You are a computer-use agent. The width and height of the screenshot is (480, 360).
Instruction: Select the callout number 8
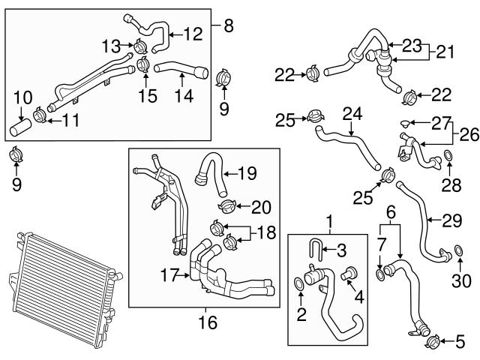pyautogui.click(x=229, y=26)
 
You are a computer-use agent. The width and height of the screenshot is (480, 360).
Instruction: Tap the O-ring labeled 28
pyautogui.click(x=448, y=156)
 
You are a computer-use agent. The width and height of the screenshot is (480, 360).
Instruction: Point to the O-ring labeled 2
pyautogui.click(x=300, y=283)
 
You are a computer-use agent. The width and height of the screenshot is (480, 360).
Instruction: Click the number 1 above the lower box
pyautogui.click(x=328, y=221)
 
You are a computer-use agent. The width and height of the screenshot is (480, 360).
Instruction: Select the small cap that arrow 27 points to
pyautogui.click(x=406, y=122)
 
